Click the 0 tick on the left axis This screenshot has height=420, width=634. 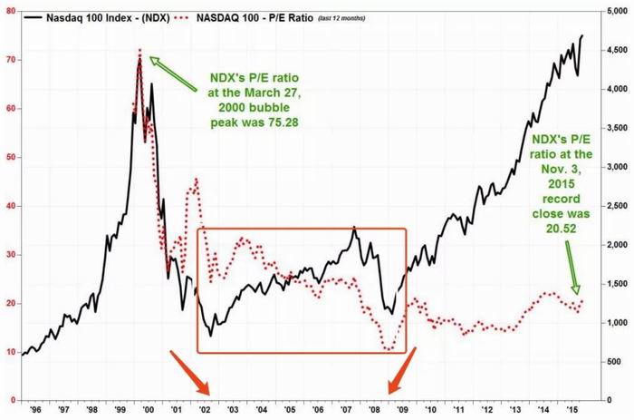[13, 400]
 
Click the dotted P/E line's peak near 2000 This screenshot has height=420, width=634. [139, 51]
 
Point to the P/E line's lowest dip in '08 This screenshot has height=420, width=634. [389, 348]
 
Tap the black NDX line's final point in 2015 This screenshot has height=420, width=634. [581, 35]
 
